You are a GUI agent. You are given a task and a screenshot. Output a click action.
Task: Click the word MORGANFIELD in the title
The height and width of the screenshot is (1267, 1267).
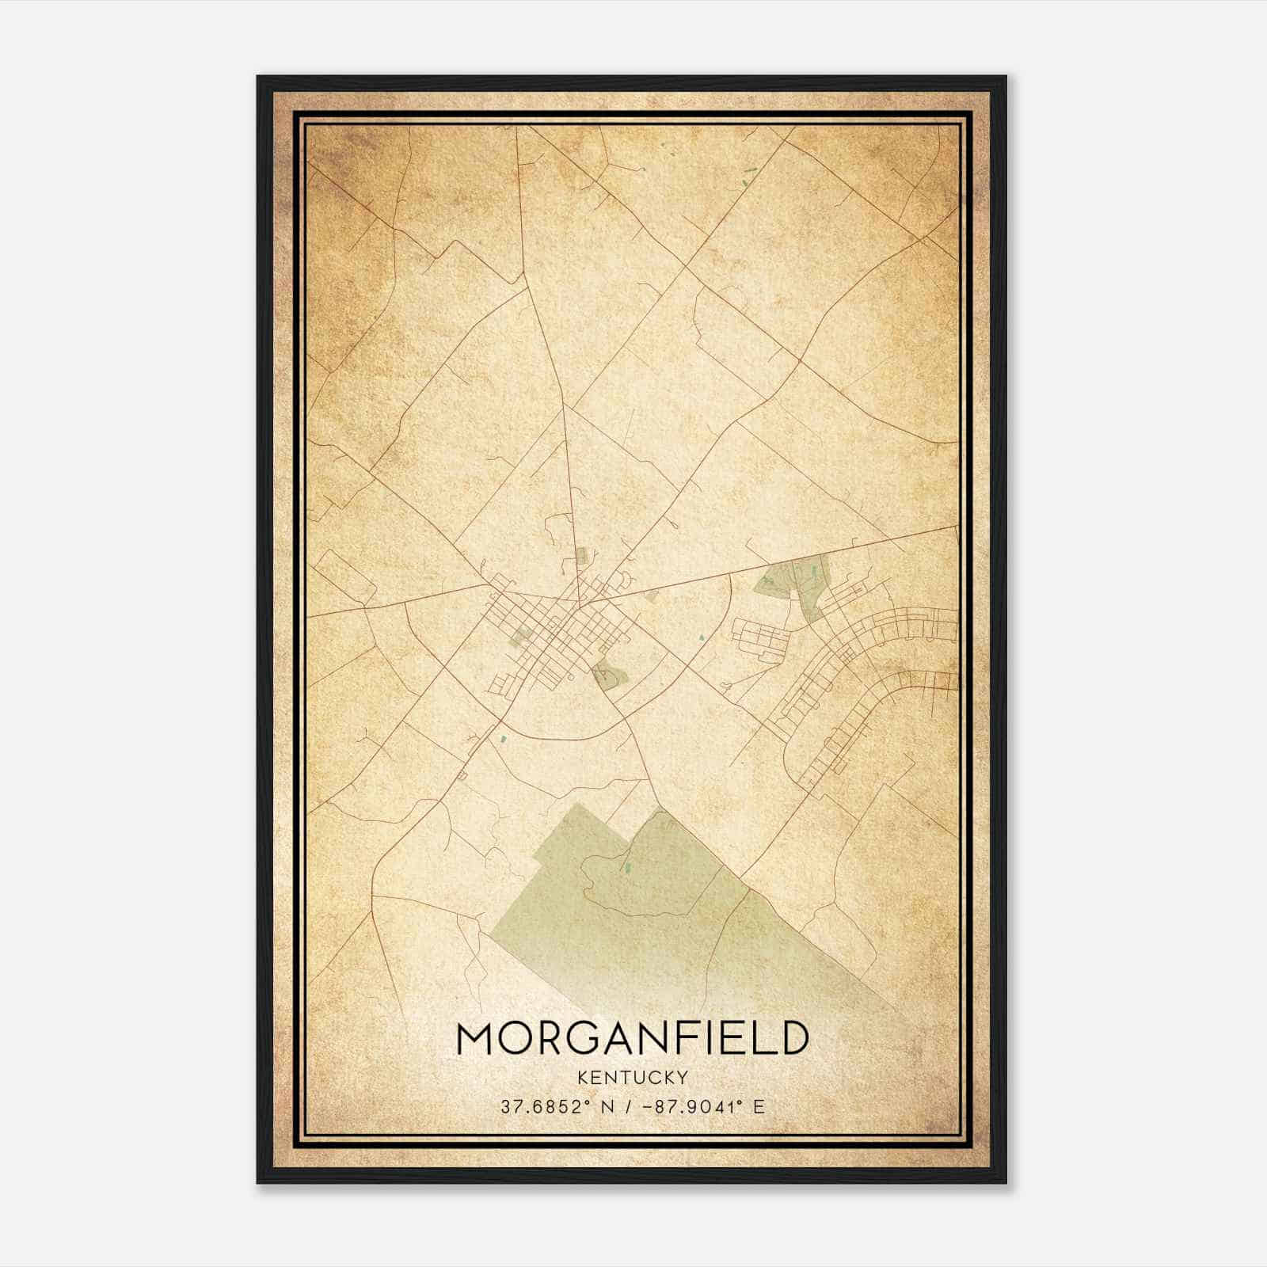(x=633, y=1038)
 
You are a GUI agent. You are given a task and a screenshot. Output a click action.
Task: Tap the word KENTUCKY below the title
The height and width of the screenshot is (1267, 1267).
(x=633, y=1078)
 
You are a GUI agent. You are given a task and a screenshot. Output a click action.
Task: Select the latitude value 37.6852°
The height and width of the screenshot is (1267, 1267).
(x=547, y=1106)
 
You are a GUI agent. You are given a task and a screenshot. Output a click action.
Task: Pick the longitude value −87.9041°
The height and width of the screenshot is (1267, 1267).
(x=687, y=1106)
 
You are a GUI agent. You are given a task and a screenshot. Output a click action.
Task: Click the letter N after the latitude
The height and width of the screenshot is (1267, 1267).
(x=609, y=1106)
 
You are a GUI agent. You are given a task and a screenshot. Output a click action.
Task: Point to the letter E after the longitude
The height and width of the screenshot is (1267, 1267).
(x=759, y=1106)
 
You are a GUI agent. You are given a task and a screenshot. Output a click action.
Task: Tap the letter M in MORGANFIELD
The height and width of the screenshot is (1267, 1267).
(x=477, y=1038)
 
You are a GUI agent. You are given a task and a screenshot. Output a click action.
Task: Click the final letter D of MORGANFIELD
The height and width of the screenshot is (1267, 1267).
(x=793, y=1038)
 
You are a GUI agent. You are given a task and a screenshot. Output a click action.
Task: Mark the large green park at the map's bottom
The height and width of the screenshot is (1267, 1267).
(x=673, y=911)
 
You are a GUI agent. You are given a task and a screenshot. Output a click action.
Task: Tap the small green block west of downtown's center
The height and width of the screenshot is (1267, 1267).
(x=522, y=634)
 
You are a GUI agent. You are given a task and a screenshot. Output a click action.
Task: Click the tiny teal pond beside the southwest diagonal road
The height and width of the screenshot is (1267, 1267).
(x=501, y=739)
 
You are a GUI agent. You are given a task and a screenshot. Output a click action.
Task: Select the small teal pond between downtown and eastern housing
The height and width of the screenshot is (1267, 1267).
(x=701, y=636)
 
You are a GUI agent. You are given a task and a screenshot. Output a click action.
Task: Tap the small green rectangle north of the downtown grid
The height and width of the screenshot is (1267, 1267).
(x=581, y=556)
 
